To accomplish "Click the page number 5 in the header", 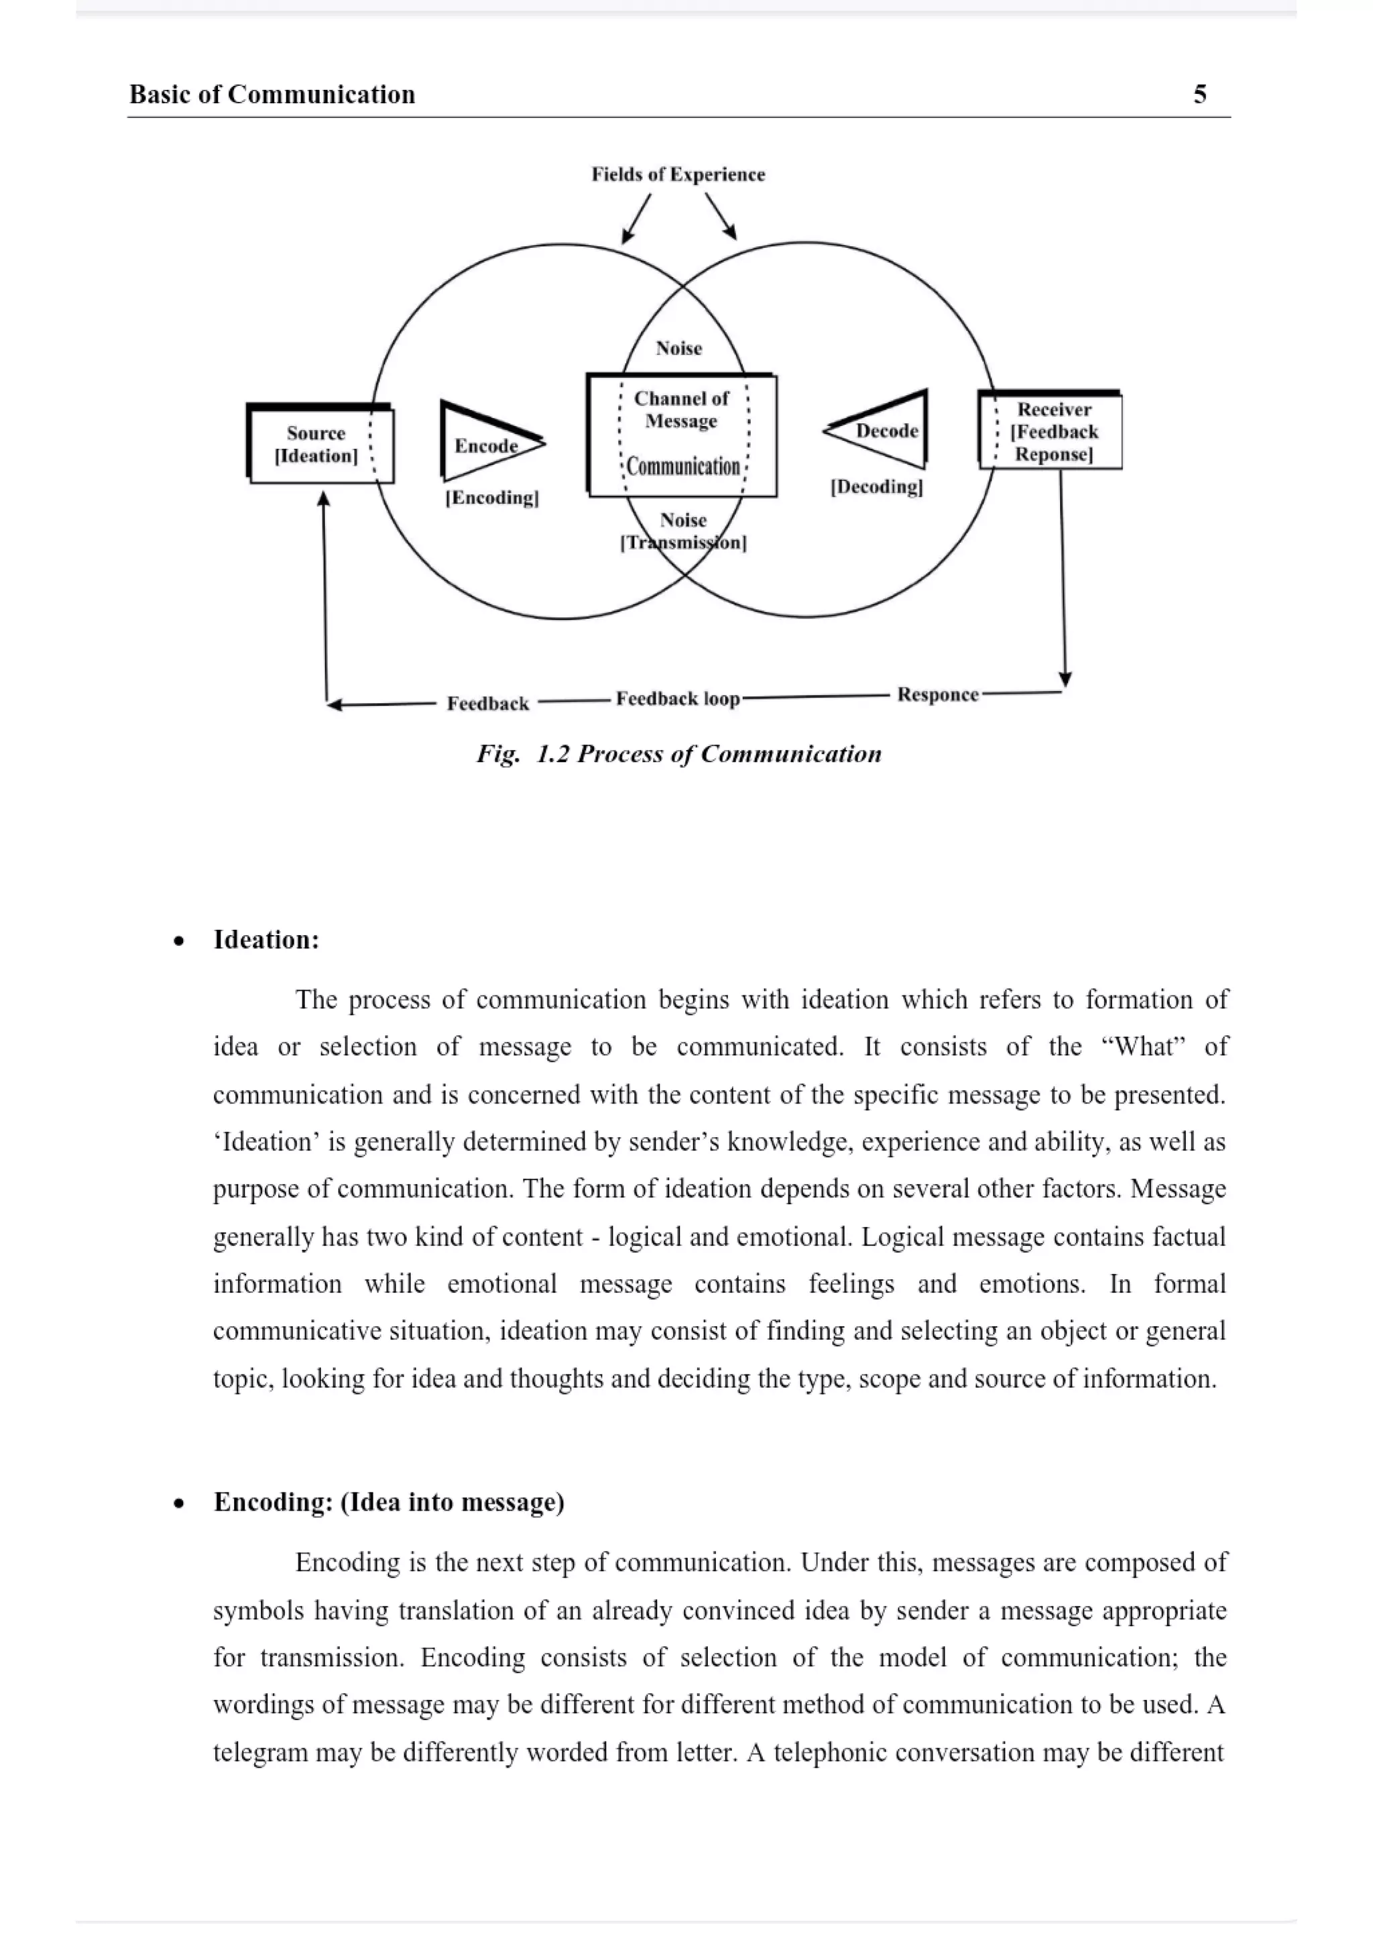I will click(1199, 94).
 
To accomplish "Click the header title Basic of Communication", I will click(272, 94).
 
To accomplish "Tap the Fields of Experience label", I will click(678, 174).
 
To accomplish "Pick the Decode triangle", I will click(884, 431).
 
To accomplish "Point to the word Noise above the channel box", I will click(679, 348).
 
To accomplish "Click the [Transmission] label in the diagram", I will click(683, 543).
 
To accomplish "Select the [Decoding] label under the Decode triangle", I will click(877, 487).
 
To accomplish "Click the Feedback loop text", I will click(678, 698).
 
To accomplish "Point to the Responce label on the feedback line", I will click(938, 694).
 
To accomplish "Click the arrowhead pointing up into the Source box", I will click(323, 500).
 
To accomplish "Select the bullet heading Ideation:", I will click(266, 940).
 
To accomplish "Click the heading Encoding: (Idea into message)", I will click(389, 1502).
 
